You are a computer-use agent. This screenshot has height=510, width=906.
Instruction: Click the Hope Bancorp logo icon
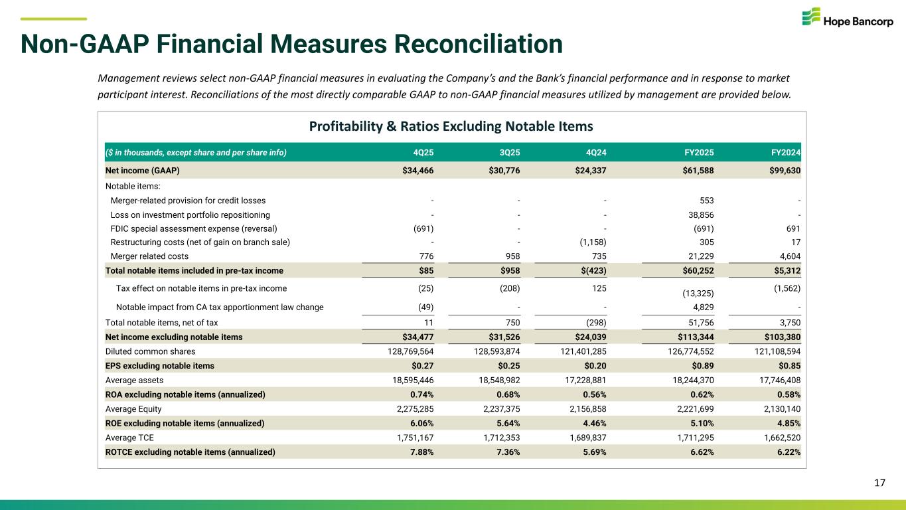click(x=810, y=18)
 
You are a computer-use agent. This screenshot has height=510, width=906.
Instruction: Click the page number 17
click(x=879, y=483)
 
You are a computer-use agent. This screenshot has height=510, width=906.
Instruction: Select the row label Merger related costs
click(x=149, y=256)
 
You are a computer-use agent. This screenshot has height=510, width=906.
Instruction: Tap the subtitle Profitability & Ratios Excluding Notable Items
click(x=452, y=126)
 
